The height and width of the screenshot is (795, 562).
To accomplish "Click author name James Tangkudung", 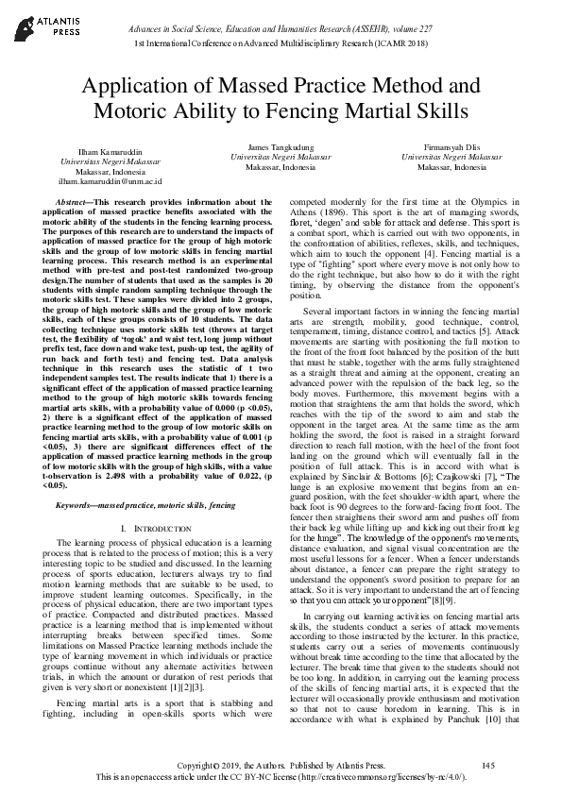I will pos(280,147).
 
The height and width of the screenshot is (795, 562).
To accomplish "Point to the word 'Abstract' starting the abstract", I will pos(74,203).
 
